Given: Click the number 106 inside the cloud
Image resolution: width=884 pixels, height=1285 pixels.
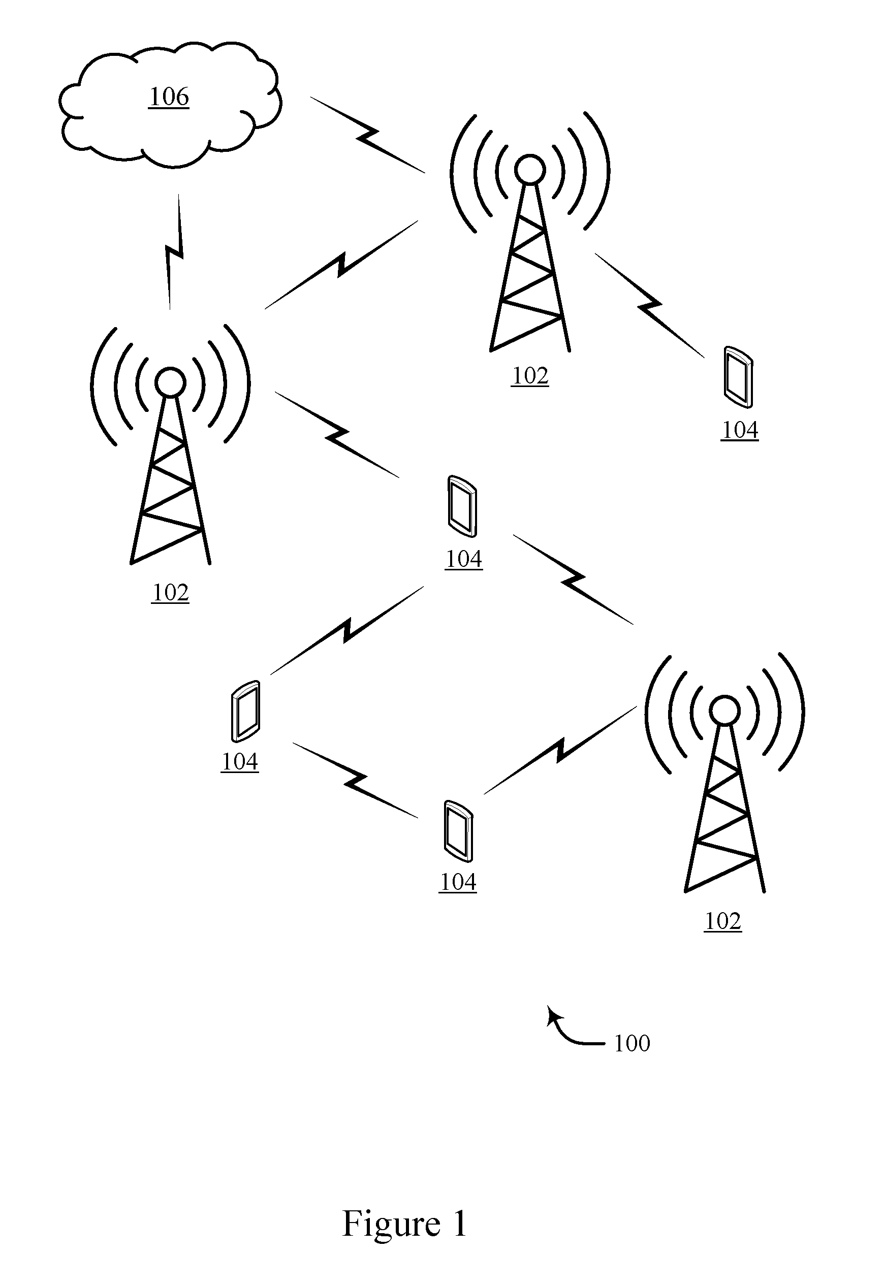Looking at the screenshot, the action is pos(169,97).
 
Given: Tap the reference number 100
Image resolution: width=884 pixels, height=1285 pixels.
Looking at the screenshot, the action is pos(632,1044).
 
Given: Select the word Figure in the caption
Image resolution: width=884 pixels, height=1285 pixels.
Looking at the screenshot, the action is pos(392,1224).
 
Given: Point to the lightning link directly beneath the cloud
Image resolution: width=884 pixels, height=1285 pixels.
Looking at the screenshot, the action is pos(174,252).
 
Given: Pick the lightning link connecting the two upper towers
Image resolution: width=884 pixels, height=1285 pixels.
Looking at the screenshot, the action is pos(342,264).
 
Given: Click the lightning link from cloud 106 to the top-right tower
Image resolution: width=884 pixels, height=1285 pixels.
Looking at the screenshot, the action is pos(367,135).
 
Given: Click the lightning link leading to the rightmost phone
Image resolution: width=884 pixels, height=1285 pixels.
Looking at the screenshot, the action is pos(650,305).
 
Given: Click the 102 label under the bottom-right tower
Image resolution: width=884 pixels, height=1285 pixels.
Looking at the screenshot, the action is pos(723,921).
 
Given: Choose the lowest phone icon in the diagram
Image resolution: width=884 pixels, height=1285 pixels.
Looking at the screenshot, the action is pos(458,831).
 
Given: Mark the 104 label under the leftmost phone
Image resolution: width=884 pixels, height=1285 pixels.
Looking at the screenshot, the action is pos(240,762).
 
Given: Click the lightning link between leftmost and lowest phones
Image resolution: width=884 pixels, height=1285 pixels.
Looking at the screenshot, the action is pos(355,780).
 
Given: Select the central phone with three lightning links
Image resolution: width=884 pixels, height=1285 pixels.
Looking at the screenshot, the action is pos(462,506).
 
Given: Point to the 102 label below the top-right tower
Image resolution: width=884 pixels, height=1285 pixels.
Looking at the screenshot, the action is pos(530,376).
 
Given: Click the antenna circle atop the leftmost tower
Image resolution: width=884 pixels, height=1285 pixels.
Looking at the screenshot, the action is pos(170,382).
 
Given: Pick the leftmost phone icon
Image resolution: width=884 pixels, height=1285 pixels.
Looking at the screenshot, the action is pos(245,711).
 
